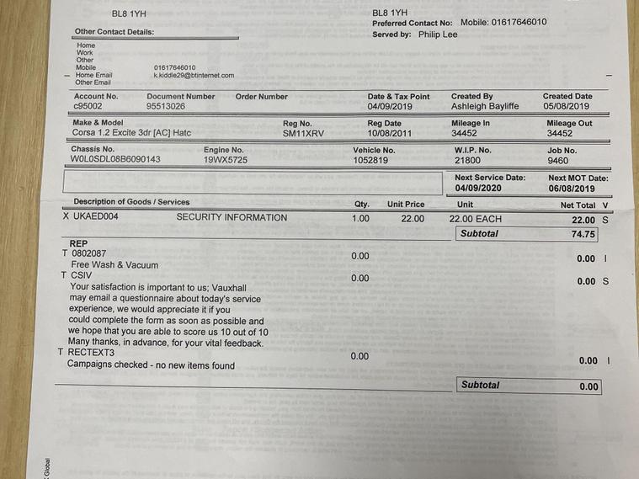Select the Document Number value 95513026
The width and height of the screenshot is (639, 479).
click(x=166, y=107)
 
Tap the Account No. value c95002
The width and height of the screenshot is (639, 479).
click(x=88, y=107)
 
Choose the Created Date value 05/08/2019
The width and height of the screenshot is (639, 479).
click(x=566, y=107)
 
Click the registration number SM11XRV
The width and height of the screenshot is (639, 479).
click(x=301, y=133)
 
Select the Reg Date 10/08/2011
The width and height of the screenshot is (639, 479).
click(x=390, y=133)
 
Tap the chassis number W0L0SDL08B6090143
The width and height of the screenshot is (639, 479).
click(x=115, y=159)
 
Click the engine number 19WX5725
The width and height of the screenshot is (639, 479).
click(x=226, y=159)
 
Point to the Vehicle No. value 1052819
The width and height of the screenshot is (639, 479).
click(x=370, y=160)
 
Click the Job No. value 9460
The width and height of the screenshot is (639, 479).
click(x=557, y=160)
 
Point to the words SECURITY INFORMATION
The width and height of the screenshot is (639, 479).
click(x=232, y=217)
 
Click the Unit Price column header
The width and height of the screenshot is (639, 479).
click(x=406, y=205)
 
